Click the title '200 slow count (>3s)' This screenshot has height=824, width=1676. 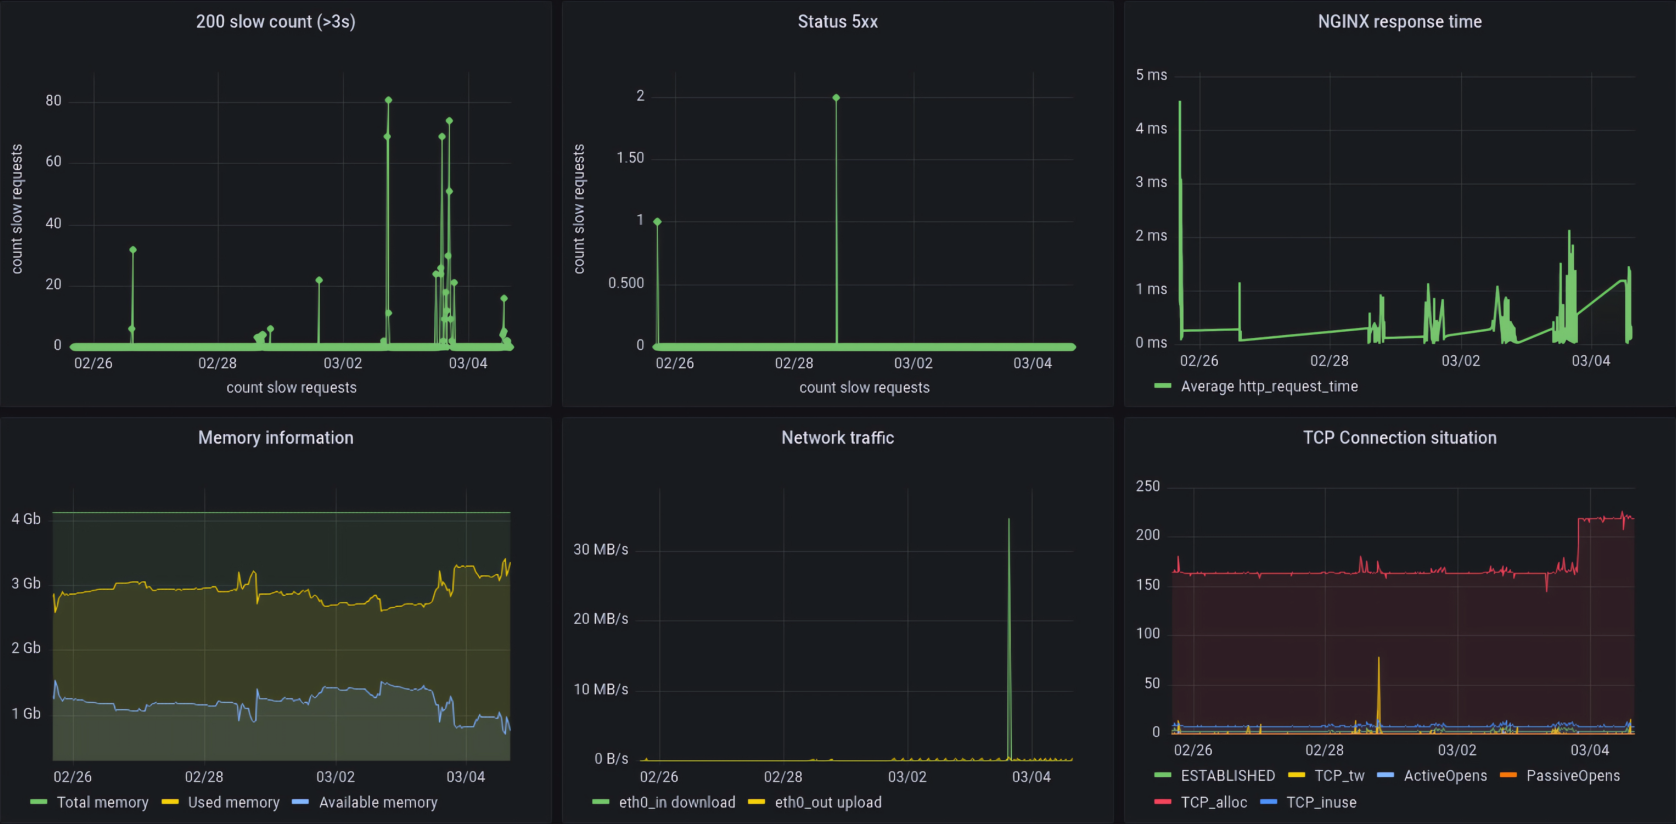(275, 21)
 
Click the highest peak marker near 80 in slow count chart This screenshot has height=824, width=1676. (388, 100)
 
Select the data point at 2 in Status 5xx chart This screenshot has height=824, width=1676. (836, 98)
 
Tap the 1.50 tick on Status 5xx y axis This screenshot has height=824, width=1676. (630, 158)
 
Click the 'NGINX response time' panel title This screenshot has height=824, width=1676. (1399, 21)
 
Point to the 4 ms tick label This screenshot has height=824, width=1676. (1151, 129)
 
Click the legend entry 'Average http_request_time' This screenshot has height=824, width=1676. (1269, 386)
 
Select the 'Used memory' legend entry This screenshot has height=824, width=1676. (233, 803)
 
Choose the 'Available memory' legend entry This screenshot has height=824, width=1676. (378, 803)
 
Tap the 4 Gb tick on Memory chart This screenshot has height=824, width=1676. (26, 519)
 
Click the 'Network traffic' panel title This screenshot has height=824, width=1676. (838, 438)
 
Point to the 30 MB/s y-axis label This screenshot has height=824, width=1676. (601, 549)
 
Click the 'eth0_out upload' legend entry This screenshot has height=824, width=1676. (828, 803)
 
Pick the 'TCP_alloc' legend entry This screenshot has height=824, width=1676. (1213, 803)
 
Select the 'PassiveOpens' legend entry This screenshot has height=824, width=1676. (1573, 776)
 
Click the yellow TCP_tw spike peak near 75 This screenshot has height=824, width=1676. (1378, 658)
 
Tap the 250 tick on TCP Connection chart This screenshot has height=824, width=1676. (1148, 487)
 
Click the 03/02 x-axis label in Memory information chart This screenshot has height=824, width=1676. (335, 776)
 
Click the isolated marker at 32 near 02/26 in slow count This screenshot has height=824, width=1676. (133, 250)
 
